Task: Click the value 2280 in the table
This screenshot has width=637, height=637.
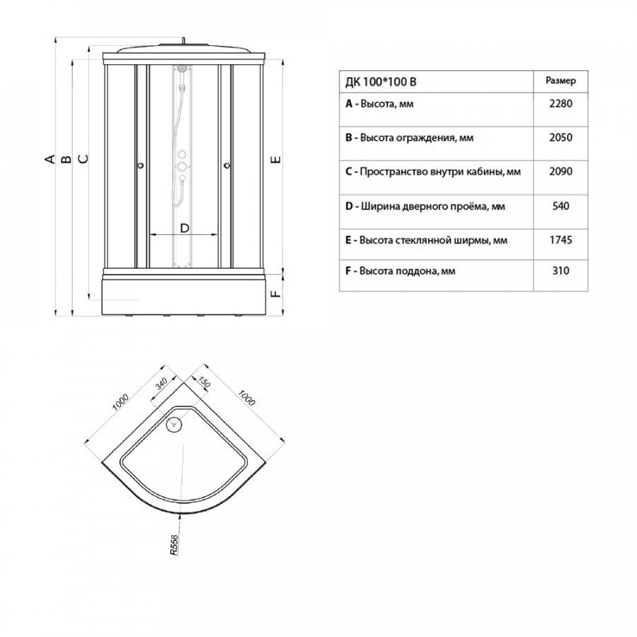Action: [561, 103]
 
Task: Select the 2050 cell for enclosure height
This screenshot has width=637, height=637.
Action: [561, 137]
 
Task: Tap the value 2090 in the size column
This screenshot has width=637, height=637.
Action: [561, 171]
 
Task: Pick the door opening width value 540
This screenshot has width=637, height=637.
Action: [561, 206]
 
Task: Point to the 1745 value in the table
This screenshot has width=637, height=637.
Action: [561, 240]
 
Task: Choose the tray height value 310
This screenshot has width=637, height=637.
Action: [561, 270]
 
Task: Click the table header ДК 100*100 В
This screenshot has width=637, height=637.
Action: [381, 82]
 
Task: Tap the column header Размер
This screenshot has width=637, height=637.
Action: [561, 81]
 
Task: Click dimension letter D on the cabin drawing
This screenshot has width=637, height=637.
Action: [185, 229]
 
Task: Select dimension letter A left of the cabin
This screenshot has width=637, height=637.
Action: [50, 159]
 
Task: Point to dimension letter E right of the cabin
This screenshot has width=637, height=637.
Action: [276, 159]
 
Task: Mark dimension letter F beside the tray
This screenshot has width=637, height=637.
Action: [276, 293]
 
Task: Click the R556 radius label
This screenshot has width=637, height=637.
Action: [174, 545]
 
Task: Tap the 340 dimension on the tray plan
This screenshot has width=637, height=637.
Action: [161, 384]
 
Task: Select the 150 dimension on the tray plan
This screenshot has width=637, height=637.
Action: [204, 382]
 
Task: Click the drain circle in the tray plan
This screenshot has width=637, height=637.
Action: [175, 424]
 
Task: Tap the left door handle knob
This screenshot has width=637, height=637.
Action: [141, 166]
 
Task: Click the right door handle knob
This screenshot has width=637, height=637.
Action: [227, 166]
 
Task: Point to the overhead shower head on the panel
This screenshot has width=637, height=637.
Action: [183, 69]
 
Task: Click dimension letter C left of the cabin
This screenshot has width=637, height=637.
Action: [83, 159]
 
